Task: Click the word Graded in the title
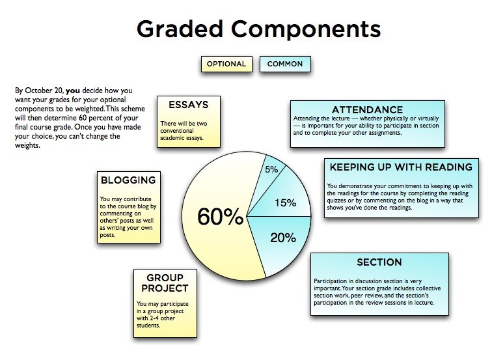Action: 180,29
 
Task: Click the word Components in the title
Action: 306,29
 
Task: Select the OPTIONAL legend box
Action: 226,64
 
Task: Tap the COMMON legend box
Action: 285,64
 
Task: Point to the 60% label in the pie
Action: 220,217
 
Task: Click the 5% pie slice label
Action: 271,169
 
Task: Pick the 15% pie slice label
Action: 286,202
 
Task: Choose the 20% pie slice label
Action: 283,238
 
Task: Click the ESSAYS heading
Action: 189,105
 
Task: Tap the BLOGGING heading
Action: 128,180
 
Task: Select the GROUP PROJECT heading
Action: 165,283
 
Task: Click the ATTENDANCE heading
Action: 368,109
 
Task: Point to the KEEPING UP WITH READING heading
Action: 401,167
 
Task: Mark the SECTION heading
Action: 379,262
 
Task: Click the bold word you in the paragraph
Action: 73,91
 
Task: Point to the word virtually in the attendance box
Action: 428,118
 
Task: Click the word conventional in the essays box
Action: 177,131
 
